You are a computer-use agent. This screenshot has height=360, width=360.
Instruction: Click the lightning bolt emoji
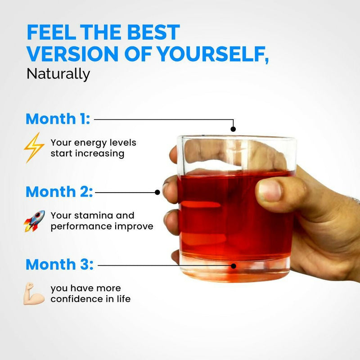[x=34, y=147]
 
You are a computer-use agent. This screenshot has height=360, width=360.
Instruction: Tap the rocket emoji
[x=34, y=220]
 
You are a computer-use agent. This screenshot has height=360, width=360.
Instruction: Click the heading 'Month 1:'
[x=58, y=119]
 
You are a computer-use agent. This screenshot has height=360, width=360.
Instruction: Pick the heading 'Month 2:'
[x=59, y=192]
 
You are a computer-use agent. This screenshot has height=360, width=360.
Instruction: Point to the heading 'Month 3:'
[x=59, y=265]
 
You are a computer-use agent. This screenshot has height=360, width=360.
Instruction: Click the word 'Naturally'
[x=58, y=73]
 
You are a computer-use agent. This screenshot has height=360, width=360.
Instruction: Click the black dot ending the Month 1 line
[x=233, y=129]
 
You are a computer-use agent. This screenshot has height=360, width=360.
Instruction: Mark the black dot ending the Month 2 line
[x=157, y=192]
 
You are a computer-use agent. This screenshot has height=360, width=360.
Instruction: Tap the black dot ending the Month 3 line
[x=234, y=265]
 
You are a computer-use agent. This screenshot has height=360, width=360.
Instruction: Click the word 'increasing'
[x=102, y=153]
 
